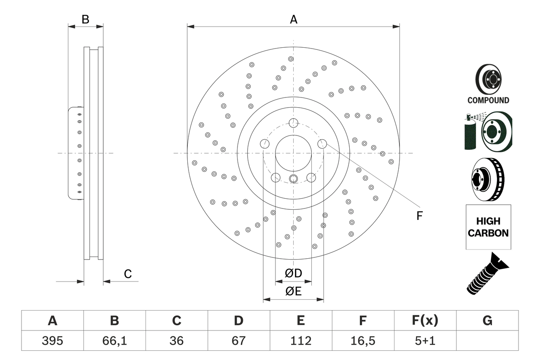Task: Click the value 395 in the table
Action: [x=52, y=341]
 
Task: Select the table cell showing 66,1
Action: [x=114, y=341]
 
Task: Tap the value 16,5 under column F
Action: [x=363, y=341]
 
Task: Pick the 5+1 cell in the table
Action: [x=425, y=341]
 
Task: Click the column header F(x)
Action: [x=425, y=321]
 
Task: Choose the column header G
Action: [x=487, y=321]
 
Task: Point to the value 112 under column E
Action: [x=300, y=341]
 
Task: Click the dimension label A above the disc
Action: [x=294, y=19]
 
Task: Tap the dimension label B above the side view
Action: [x=85, y=19]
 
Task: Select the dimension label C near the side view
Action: [x=128, y=274]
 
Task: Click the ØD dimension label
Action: [x=294, y=273]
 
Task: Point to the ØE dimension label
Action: [x=294, y=292]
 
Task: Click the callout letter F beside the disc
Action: [x=419, y=216]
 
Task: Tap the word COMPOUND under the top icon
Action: [x=488, y=100]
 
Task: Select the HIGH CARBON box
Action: [x=488, y=227]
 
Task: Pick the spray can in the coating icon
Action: [x=470, y=133]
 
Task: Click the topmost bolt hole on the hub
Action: [x=294, y=123]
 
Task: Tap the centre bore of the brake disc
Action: [x=293, y=153]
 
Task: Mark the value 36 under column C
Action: [x=176, y=341]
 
